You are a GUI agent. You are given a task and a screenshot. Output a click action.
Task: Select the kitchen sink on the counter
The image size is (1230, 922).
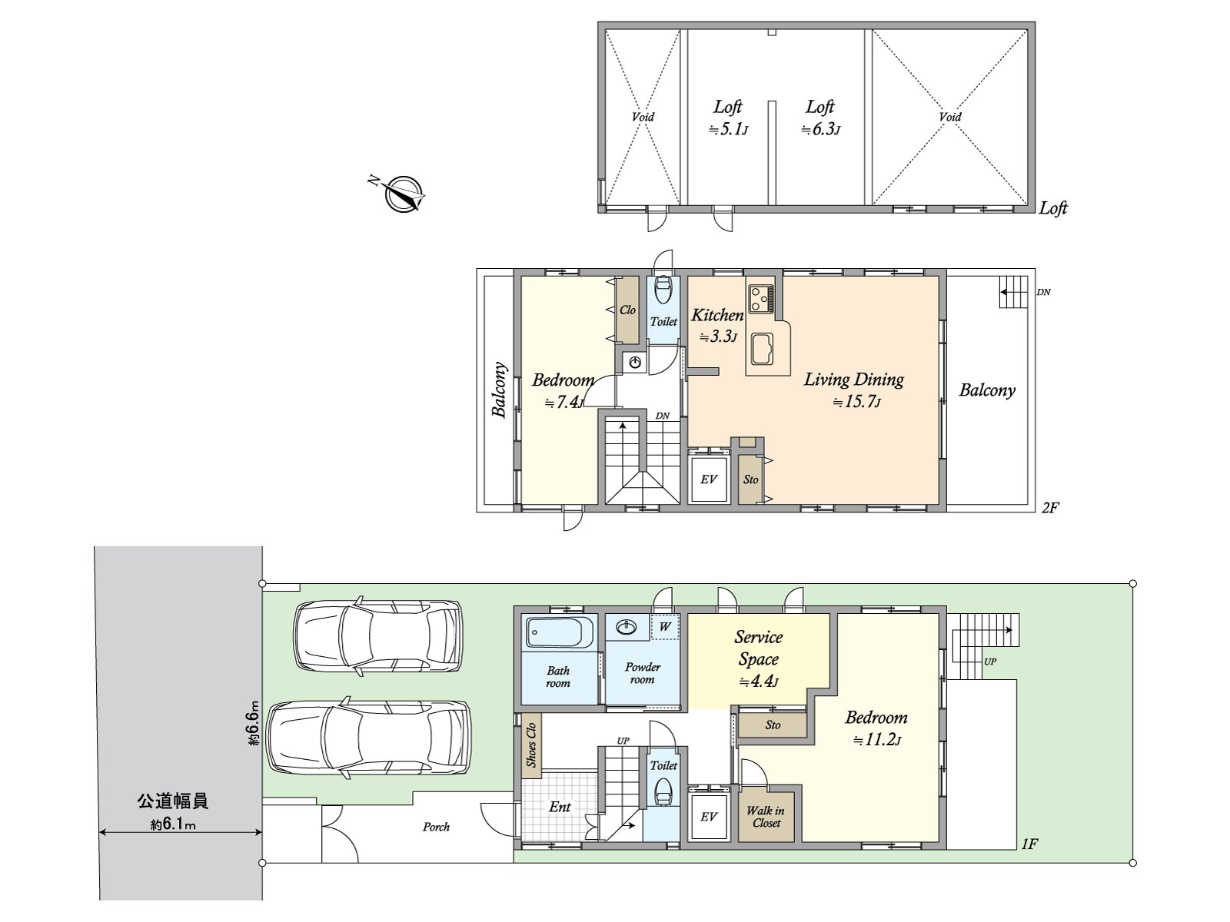click(x=763, y=350)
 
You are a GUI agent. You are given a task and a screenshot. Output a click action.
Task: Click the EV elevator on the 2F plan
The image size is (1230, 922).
click(x=709, y=479)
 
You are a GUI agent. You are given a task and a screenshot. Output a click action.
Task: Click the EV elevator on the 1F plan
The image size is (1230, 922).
click(x=709, y=816)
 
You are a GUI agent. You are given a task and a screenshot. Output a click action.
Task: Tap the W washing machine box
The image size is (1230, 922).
click(x=665, y=626)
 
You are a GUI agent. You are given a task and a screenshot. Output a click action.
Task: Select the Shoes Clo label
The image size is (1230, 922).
click(x=530, y=745)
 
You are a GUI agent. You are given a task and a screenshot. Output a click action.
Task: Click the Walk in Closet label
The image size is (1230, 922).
click(x=766, y=817)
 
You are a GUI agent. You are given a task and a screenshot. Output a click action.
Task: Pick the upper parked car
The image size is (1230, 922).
click(x=378, y=635)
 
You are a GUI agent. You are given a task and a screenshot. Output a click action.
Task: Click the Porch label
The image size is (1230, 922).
click(x=436, y=827)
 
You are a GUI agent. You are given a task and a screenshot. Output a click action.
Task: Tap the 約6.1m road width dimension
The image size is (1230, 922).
click(x=173, y=825)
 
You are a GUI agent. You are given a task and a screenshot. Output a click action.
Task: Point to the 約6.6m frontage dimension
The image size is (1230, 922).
click(x=253, y=722)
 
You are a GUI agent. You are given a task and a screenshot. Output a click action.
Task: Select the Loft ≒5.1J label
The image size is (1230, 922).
click(x=728, y=118)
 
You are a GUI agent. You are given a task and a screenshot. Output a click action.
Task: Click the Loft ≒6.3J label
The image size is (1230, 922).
click(x=820, y=118)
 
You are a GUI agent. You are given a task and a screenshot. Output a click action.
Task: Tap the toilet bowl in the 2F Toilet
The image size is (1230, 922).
click(x=663, y=291)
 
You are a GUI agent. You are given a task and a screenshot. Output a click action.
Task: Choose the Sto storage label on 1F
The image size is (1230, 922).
click(x=773, y=725)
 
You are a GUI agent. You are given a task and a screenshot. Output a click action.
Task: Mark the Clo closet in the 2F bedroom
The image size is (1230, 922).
click(x=627, y=310)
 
